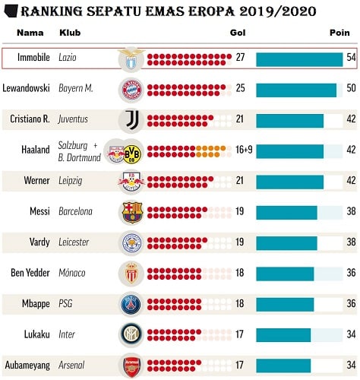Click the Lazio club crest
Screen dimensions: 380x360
click(131, 59)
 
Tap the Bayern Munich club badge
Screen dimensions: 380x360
click(131, 89)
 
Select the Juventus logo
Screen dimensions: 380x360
click(131, 119)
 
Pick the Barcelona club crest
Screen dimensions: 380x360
click(131, 211)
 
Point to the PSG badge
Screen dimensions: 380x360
click(131, 303)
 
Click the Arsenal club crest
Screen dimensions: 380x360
click(131, 366)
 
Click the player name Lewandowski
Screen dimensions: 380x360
click(27, 88)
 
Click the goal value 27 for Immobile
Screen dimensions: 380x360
click(241, 58)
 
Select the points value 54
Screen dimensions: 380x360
click(351, 58)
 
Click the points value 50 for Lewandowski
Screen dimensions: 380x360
click(351, 88)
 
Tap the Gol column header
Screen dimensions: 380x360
click(237, 33)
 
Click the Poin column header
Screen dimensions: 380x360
click(339, 33)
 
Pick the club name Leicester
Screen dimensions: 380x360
click(74, 242)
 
